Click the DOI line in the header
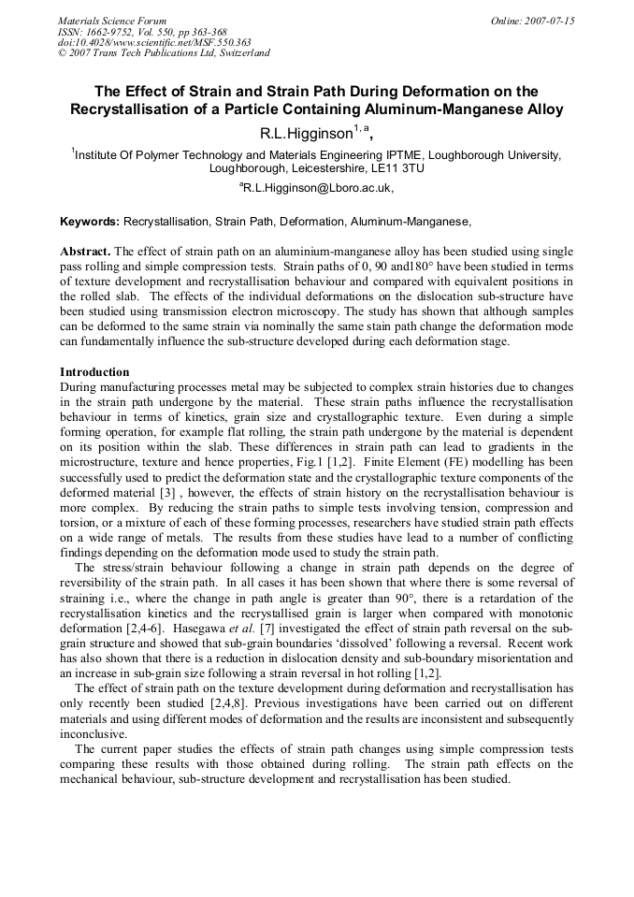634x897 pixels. (x=154, y=42)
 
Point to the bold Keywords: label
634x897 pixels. (x=90, y=222)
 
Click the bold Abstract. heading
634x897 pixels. (x=85, y=253)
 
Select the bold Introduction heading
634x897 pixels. (x=94, y=372)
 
